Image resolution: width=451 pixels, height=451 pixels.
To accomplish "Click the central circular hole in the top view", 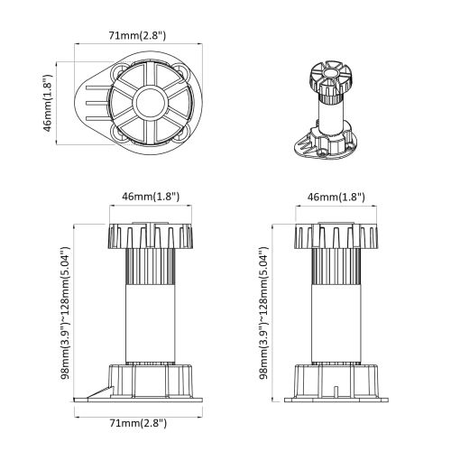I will point(149,102).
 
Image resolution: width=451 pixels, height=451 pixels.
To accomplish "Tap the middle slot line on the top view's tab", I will point(89,103).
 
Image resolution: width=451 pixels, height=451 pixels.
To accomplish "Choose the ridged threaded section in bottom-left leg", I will point(150,268).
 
